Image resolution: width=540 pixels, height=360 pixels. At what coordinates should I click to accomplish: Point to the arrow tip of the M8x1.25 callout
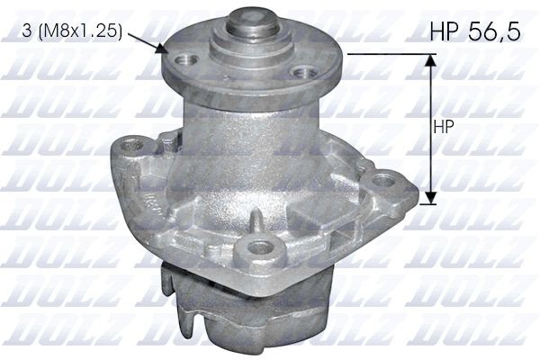point(162,50)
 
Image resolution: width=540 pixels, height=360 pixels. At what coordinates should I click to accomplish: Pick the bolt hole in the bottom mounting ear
point(262,247)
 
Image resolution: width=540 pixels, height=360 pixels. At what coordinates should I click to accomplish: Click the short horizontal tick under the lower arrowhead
point(430,201)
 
